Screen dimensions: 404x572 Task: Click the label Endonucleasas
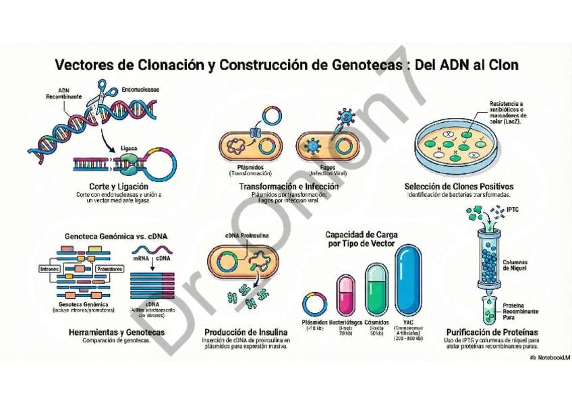coord(140,89)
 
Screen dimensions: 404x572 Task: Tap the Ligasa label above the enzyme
coord(129,147)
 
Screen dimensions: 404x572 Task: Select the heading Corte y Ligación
coord(119,186)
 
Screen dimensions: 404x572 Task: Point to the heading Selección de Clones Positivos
coord(459,186)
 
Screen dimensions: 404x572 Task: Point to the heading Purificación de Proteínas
coord(492,333)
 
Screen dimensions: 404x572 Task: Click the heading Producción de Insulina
coord(246,333)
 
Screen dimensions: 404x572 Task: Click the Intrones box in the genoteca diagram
coord(50,268)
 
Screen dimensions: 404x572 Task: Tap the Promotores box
coord(109,268)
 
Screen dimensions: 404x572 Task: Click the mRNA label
coord(140,258)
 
